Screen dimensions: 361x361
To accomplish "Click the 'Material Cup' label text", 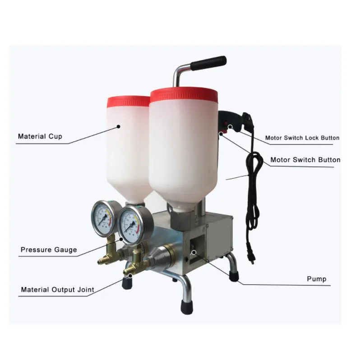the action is (x=40, y=136).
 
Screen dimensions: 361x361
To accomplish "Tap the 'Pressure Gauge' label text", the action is (x=49, y=250).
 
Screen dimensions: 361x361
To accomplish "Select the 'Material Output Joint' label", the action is (x=58, y=289).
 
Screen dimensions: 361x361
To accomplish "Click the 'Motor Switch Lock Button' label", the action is (x=302, y=138).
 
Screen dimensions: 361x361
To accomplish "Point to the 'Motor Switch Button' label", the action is (x=305, y=160).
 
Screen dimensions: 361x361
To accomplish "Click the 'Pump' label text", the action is (x=317, y=279).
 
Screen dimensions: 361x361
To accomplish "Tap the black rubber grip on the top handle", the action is (x=208, y=63).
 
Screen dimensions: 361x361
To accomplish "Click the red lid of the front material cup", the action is (x=184, y=94).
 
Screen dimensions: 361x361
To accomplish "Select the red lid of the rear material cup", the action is (x=129, y=101).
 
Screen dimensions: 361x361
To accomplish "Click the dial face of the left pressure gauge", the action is (x=104, y=218).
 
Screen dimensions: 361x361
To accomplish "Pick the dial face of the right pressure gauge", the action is (x=130, y=224).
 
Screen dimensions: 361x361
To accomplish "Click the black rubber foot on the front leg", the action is (x=187, y=307).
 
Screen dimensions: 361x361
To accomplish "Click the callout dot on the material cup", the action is (x=119, y=126).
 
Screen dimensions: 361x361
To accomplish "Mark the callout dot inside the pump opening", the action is (x=194, y=252).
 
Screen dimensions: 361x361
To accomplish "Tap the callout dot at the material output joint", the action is (x=130, y=276).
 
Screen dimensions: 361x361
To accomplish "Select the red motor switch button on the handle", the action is (x=222, y=133).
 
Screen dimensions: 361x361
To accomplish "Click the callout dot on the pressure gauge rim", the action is (x=121, y=240).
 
